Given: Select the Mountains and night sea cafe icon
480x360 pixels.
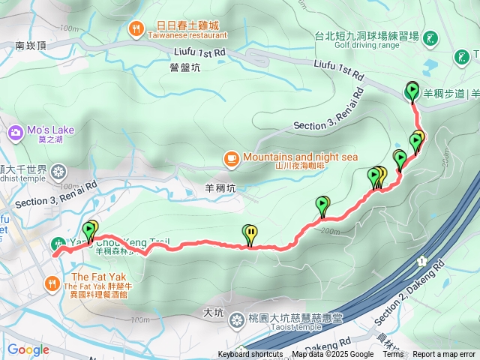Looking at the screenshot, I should pyautogui.click(x=231, y=158).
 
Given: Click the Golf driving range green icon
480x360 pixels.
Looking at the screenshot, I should pyautogui.click(x=431, y=37).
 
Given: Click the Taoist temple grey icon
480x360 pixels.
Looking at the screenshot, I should pyautogui.click(x=237, y=320).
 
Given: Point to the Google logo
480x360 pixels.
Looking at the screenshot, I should pyautogui.click(x=28, y=349).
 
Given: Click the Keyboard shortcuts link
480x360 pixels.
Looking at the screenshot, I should pyautogui.click(x=250, y=355).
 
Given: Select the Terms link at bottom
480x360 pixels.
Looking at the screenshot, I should pyautogui.click(x=393, y=355).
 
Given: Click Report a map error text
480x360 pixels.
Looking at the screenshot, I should pyautogui.click(x=444, y=355).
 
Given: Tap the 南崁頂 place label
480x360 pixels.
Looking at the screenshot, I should pyautogui.click(x=31, y=46).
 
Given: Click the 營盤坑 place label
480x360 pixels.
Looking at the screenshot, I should pyautogui.click(x=184, y=68).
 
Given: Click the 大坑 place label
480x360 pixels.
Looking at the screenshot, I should pyautogui.click(x=213, y=311).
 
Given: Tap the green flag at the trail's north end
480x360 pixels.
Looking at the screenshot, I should pyautogui.click(x=412, y=91).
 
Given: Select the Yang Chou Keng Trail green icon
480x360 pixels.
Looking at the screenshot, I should pyautogui.click(x=58, y=243).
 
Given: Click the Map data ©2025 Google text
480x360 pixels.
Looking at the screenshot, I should pyautogui.click(x=332, y=355).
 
